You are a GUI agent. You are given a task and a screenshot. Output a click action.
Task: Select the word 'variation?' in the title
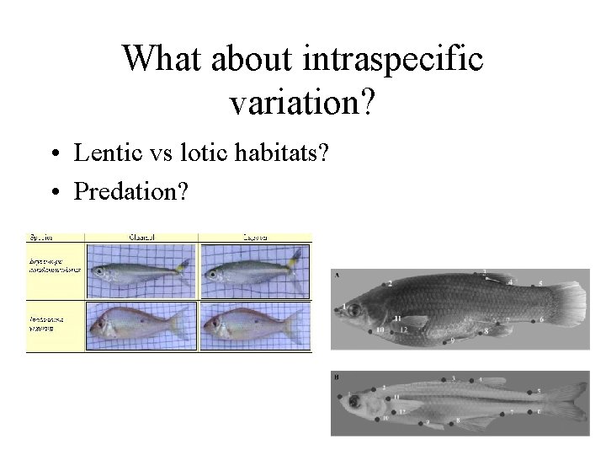tap(302, 102)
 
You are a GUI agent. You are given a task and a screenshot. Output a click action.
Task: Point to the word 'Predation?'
tap(132, 191)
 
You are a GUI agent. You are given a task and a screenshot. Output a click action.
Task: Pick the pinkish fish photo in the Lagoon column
tap(254, 324)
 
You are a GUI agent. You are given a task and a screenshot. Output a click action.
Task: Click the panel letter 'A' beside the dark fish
tap(337, 275)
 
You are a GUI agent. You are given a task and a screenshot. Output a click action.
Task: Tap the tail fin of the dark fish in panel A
tap(571, 298)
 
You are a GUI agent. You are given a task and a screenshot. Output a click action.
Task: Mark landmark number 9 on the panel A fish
tap(453, 340)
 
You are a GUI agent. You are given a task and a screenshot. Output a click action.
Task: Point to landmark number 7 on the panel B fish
tap(511, 412)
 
